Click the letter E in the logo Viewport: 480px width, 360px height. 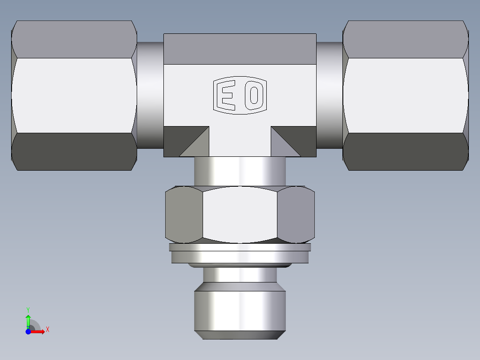pyautogui.click(x=228, y=95)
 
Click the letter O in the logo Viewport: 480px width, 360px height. pyautogui.click(x=253, y=95)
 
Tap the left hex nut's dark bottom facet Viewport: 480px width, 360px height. pyautogui.click(x=73, y=151)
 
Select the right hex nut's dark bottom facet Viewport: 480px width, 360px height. pyautogui.click(x=405, y=151)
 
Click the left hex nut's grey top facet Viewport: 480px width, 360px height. pyautogui.click(x=73, y=39)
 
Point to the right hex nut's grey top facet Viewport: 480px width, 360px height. pyautogui.click(x=405, y=39)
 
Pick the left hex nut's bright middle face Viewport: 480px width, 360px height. pyautogui.click(x=73, y=95)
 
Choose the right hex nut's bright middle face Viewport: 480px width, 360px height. pyautogui.click(x=405, y=95)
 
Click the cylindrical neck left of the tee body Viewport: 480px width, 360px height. pyautogui.click(x=150, y=95)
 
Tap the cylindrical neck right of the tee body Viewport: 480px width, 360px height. pyautogui.click(x=329, y=95)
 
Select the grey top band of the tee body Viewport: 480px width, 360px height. pyautogui.click(x=240, y=49)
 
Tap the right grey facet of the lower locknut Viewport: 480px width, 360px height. pyautogui.click(x=296, y=215)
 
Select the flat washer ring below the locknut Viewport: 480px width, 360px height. pyautogui.click(x=240, y=256)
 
